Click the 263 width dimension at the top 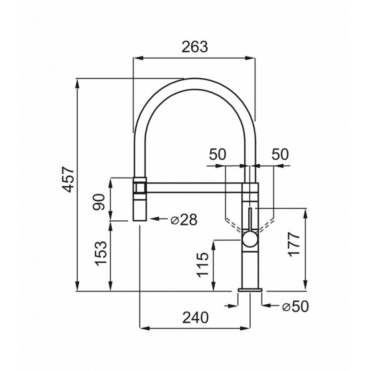tap(195, 47)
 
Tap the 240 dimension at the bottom tap(195, 317)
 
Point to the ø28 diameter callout tap(184, 220)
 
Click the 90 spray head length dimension tap(99, 202)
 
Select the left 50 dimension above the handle tap(218, 154)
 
